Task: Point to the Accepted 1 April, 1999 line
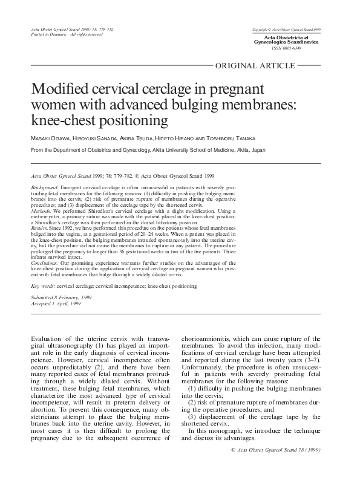55,305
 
